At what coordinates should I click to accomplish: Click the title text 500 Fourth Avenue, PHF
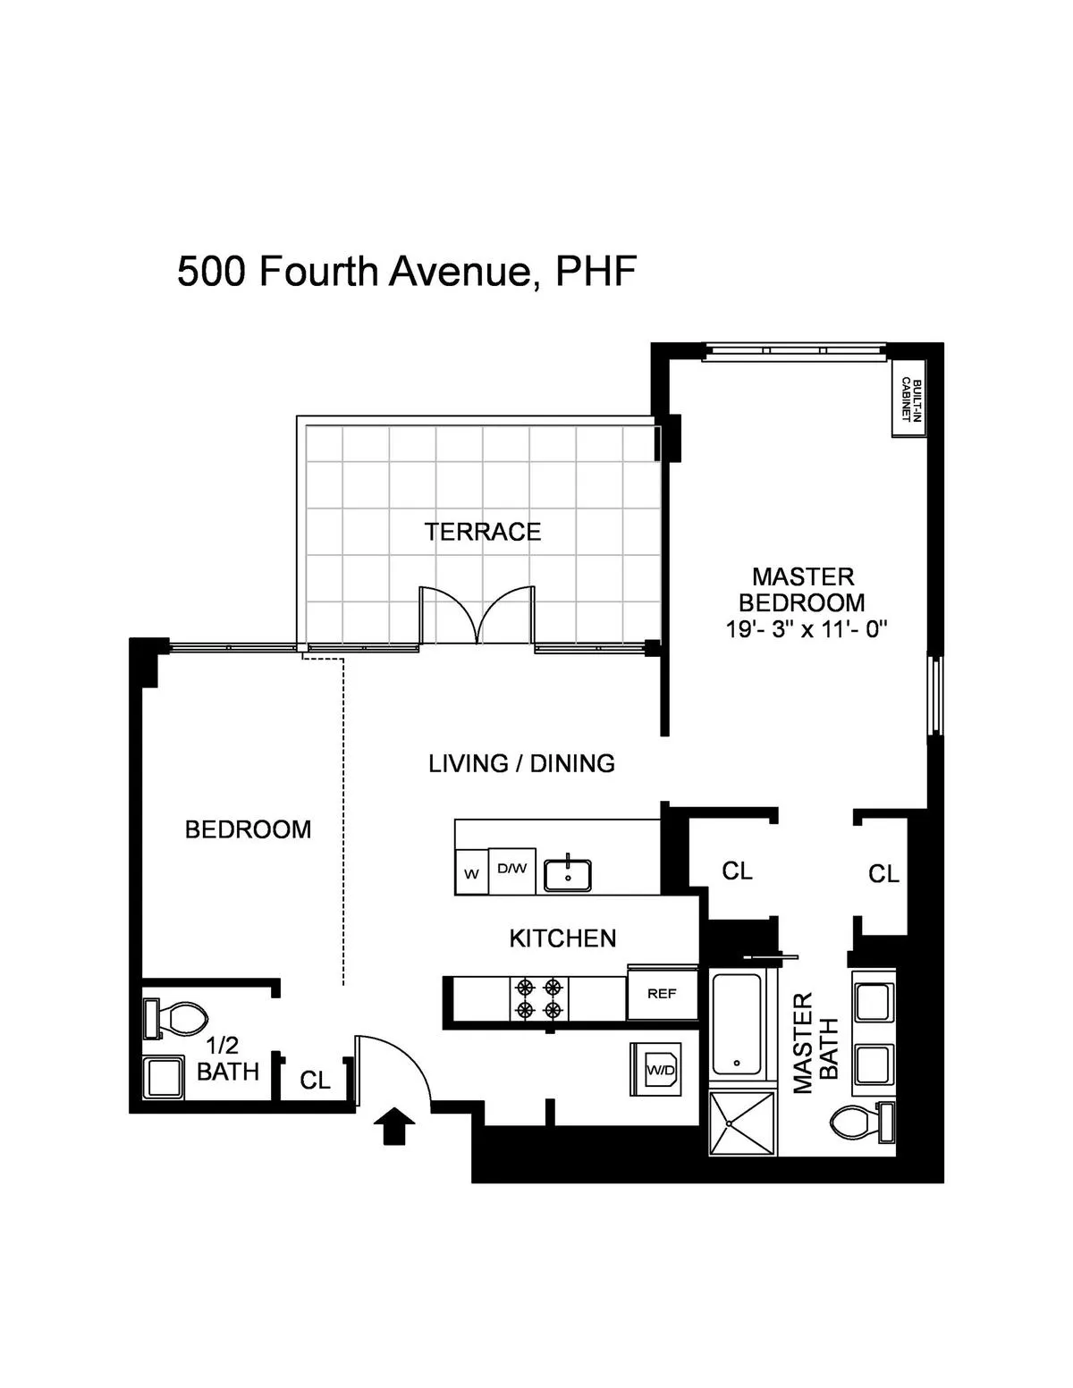(x=407, y=271)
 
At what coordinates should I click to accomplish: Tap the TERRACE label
(x=482, y=532)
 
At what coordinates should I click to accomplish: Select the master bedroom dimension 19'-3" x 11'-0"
(x=805, y=629)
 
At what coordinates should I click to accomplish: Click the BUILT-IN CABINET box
(x=907, y=399)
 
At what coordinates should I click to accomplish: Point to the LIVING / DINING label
(x=521, y=763)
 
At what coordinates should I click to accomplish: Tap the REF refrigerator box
(x=662, y=993)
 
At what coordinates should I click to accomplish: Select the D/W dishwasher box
(x=512, y=869)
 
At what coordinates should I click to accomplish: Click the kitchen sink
(x=568, y=873)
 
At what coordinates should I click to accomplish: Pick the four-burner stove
(x=539, y=999)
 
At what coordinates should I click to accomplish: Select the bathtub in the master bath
(x=737, y=1023)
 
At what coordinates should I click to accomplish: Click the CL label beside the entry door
(x=315, y=1081)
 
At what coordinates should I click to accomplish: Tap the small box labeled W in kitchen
(x=471, y=874)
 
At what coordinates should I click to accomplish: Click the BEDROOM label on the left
(x=248, y=829)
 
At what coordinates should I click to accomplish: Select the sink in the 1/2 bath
(x=163, y=1077)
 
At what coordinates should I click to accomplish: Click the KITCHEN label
(x=562, y=938)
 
